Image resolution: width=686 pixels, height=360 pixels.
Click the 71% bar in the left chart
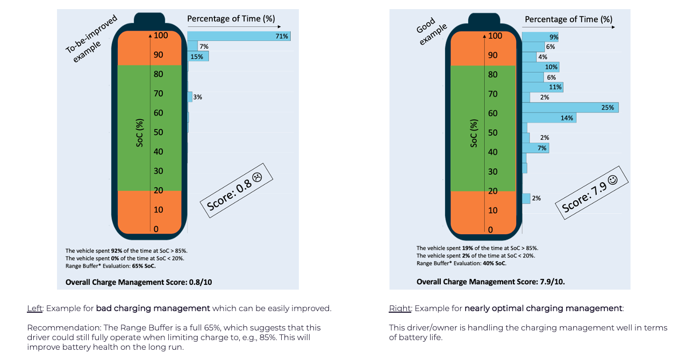pyautogui.click(x=239, y=36)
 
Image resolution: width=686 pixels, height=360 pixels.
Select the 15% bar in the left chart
pyautogui.click(x=198, y=56)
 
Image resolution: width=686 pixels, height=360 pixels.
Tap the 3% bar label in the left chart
pyautogui.click(x=197, y=97)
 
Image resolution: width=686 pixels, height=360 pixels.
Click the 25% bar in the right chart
pyautogui.click(x=570, y=107)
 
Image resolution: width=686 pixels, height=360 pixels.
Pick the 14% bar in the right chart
pyautogui.click(x=549, y=118)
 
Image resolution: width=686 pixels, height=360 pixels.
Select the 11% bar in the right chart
pyautogui.click(x=542, y=87)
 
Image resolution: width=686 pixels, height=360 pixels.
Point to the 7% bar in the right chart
pyautogui.click(x=535, y=148)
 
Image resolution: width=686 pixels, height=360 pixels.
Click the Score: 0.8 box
pyautogui.click(x=237, y=190)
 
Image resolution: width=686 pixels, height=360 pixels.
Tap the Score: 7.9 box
pyautogui.click(x=592, y=192)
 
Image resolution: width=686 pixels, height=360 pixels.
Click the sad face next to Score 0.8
pyautogui.click(x=257, y=177)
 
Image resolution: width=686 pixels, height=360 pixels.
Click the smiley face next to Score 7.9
pyautogui.click(x=613, y=179)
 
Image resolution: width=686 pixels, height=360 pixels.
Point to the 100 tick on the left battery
pyautogui.click(x=161, y=35)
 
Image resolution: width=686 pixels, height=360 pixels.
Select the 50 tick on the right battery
pyautogui.click(x=493, y=133)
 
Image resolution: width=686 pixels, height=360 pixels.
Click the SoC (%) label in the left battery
pyautogui.click(x=140, y=133)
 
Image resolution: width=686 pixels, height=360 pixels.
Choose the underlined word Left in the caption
pyautogui.click(x=34, y=308)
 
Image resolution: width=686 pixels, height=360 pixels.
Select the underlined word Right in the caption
pyautogui.click(x=400, y=308)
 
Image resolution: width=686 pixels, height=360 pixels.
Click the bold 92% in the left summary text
pyautogui.click(x=116, y=251)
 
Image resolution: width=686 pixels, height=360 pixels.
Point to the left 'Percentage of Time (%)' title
pyautogui.click(x=231, y=19)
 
